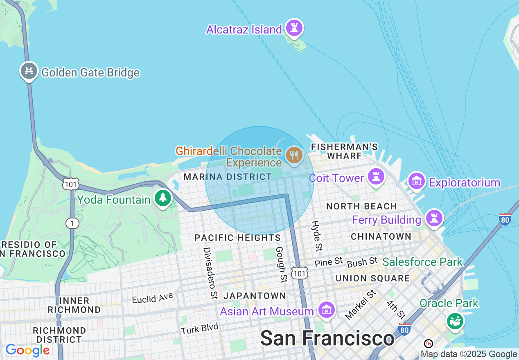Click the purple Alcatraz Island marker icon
pyautogui.click(x=294, y=28)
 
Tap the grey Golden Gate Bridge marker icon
pyautogui.click(x=29, y=71)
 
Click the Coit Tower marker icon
pyautogui.click(x=375, y=177)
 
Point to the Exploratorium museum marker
pyautogui.click(x=416, y=181)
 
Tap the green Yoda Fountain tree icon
pyautogui.click(x=163, y=198)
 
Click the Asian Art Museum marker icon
pyautogui.click(x=327, y=310)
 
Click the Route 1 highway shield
pyautogui.click(x=72, y=223)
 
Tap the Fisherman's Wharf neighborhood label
pyautogui.click(x=344, y=151)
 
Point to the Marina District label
pyautogui.click(x=228, y=177)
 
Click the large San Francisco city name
pyautogui.click(x=327, y=338)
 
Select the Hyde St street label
pyautogui.click(x=316, y=236)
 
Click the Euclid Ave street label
pyautogui.click(x=153, y=298)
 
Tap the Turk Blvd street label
pyautogui.click(x=200, y=328)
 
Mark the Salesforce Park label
pyautogui.click(x=422, y=262)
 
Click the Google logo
pyautogui.click(x=27, y=350)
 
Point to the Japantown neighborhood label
pyautogui.click(x=255, y=296)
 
